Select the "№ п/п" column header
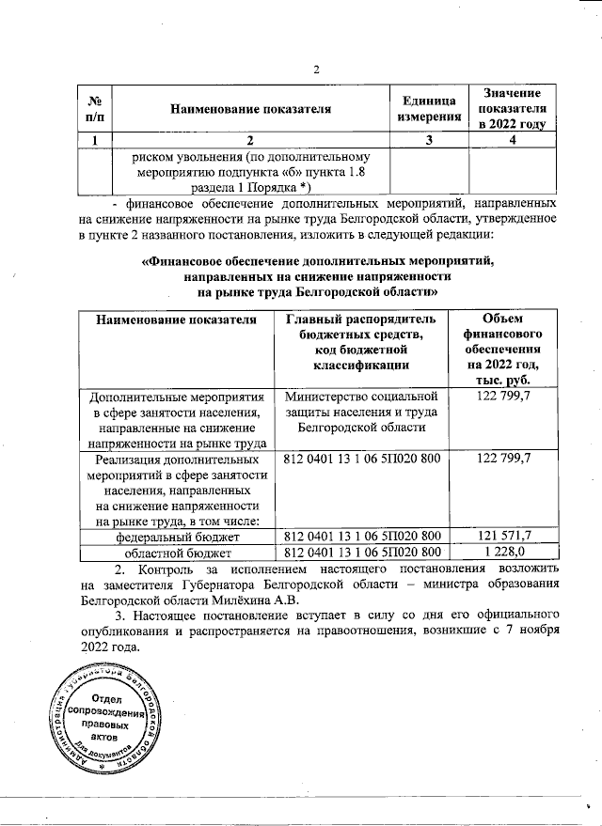tap(94, 109)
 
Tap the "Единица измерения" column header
tap(430, 109)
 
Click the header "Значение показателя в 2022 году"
tap(512, 109)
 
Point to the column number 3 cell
tap(429, 141)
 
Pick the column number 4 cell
tap(512, 141)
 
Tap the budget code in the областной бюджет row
tap(362, 552)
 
